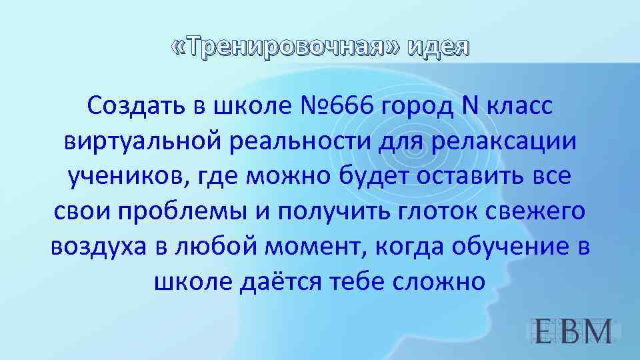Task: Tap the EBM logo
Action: tap(574, 331)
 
